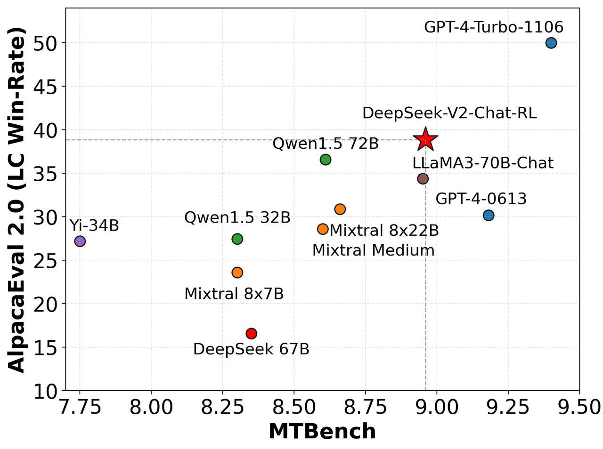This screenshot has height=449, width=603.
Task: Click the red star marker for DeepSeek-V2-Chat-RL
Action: point(426,139)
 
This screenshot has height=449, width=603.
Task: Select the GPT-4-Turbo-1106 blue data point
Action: point(551,43)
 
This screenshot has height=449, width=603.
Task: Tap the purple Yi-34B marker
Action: point(80,241)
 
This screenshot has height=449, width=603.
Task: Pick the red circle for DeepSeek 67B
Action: point(251,333)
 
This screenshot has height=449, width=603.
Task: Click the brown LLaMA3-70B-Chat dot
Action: point(423,178)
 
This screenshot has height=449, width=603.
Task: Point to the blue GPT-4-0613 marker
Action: point(489,215)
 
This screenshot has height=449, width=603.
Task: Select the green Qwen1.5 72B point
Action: point(326,160)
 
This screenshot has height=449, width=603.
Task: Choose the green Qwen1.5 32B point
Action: point(237,239)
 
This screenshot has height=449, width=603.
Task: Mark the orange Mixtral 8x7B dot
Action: point(237,273)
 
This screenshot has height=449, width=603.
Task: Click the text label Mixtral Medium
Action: point(373,250)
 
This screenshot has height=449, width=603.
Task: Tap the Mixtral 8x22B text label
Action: point(384,231)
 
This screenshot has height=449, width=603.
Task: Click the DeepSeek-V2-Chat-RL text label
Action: point(449,113)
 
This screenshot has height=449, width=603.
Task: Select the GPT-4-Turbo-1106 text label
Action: point(493,27)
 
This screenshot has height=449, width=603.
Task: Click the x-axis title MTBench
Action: point(322,432)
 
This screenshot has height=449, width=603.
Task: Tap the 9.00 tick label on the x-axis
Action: point(437,407)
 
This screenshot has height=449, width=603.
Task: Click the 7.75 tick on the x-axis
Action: point(80,407)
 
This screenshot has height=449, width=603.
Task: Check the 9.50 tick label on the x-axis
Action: point(579,407)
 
